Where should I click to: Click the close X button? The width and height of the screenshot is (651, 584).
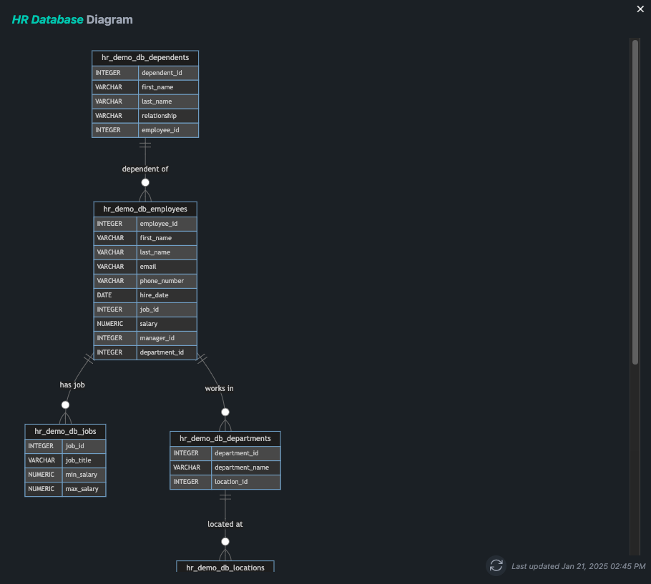click(x=640, y=9)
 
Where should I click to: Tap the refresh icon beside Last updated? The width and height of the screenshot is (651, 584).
click(x=496, y=565)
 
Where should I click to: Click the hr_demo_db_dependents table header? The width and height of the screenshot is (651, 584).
click(x=145, y=58)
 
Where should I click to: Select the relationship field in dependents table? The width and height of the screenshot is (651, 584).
click(x=159, y=116)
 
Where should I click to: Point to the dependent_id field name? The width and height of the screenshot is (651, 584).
click(x=162, y=73)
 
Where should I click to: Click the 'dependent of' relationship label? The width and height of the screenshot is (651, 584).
click(x=145, y=169)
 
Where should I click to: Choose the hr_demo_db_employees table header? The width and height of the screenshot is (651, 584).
click(x=145, y=209)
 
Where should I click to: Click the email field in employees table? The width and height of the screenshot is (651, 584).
click(x=148, y=267)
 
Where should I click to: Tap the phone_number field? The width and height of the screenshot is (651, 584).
click(x=162, y=281)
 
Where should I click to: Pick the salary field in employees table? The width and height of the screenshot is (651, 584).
click(x=149, y=324)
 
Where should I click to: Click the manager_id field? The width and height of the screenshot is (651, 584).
click(x=157, y=338)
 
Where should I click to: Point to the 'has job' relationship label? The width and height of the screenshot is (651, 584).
click(x=72, y=385)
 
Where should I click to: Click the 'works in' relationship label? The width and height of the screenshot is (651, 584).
click(x=219, y=388)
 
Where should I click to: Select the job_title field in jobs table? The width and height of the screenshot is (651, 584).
click(x=78, y=460)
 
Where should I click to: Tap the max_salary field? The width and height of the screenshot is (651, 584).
click(x=82, y=489)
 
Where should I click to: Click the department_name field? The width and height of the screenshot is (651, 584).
click(x=242, y=467)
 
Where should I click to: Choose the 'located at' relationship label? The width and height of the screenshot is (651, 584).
click(x=225, y=524)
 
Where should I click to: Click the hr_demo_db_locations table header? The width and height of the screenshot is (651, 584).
click(x=225, y=567)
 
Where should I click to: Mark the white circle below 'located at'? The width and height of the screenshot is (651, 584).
click(x=225, y=542)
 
